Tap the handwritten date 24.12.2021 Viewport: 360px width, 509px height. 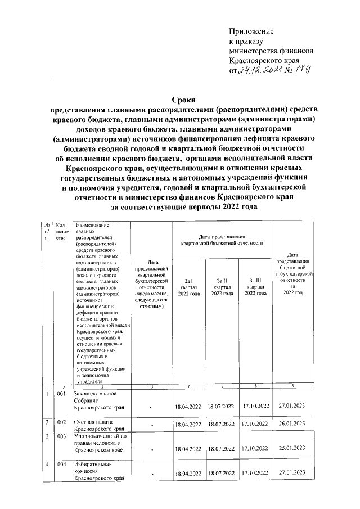[x=260, y=71]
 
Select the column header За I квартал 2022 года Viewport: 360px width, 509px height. [x=188, y=287]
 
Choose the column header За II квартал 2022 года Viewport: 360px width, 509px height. [x=222, y=287]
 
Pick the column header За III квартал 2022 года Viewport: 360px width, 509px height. [x=255, y=287]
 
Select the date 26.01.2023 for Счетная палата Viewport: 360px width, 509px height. [x=291, y=423]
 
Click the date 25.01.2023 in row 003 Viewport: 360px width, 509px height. [x=291, y=448]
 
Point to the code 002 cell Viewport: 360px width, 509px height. [x=62, y=421]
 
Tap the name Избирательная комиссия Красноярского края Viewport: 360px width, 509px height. [x=98, y=471]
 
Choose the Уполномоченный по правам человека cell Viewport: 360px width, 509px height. [x=98, y=443]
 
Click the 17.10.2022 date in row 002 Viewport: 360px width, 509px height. [x=255, y=424]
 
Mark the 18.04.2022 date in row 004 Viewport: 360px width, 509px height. [x=188, y=474]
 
